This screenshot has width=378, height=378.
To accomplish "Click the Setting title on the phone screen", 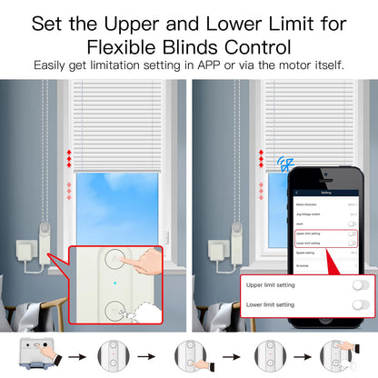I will (325, 194).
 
